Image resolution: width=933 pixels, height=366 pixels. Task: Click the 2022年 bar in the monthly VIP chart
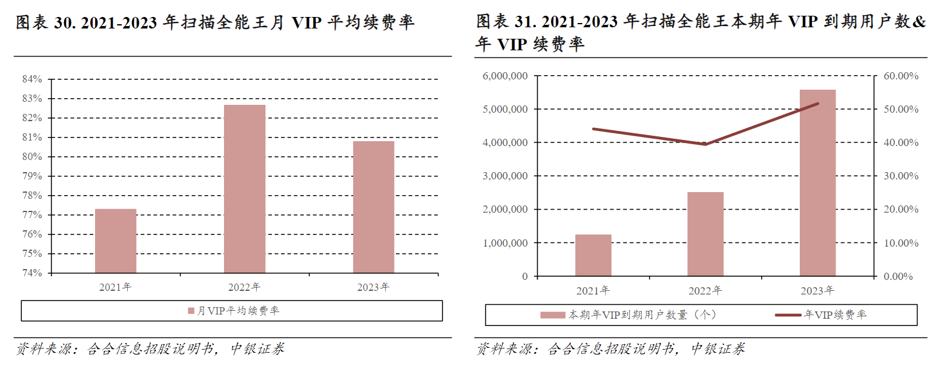tap(245, 189)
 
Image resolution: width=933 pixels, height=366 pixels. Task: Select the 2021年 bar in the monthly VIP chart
tap(116, 241)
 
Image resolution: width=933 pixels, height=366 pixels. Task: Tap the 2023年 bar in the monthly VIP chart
tap(374, 207)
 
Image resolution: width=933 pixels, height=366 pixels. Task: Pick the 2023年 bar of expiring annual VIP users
tap(817, 183)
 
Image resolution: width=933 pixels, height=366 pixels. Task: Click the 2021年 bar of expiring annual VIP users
tap(593, 255)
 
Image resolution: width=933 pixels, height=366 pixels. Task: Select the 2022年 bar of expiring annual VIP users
tap(705, 234)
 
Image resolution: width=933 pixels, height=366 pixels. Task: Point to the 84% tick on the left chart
tap(32, 79)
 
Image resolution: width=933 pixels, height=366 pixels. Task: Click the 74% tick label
tap(32, 273)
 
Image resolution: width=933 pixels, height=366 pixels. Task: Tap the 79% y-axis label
tap(32, 176)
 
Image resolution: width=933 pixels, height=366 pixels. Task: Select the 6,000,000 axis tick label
tap(506, 76)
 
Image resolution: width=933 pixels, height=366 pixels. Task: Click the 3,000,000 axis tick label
tap(506, 176)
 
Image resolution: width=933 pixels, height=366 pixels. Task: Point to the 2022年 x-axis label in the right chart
tap(705, 291)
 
